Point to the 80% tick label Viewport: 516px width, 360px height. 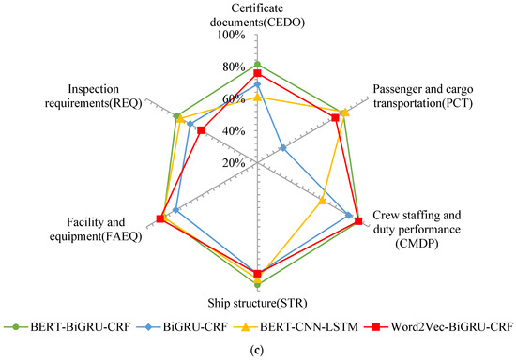(233, 67)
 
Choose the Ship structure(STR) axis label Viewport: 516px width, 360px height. (257, 302)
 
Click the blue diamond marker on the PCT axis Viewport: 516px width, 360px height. (283, 148)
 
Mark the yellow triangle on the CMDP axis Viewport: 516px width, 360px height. (322, 201)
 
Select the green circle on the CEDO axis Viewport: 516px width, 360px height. (257, 65)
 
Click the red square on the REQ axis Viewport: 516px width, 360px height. (201, 131)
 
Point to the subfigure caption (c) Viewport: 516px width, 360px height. (257, 351)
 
